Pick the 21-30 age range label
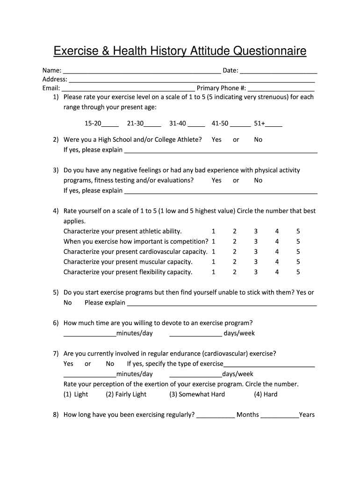(x=135, y=123)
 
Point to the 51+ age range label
(x=259, y=123)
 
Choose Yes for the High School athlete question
(x=216, y=139)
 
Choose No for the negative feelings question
(x=258, y=180)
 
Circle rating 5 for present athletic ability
(x=298, y=231)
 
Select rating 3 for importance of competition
(x=256, y=241)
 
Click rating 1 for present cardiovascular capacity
(x=214, y=252)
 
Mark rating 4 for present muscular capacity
(x=277, y=262)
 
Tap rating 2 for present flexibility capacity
(x=235, y=272)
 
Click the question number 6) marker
(x=56, y=323)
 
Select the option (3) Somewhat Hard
(x=197, y=394)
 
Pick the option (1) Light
(x=76, y=394)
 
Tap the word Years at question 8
(x=307, y=414)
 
